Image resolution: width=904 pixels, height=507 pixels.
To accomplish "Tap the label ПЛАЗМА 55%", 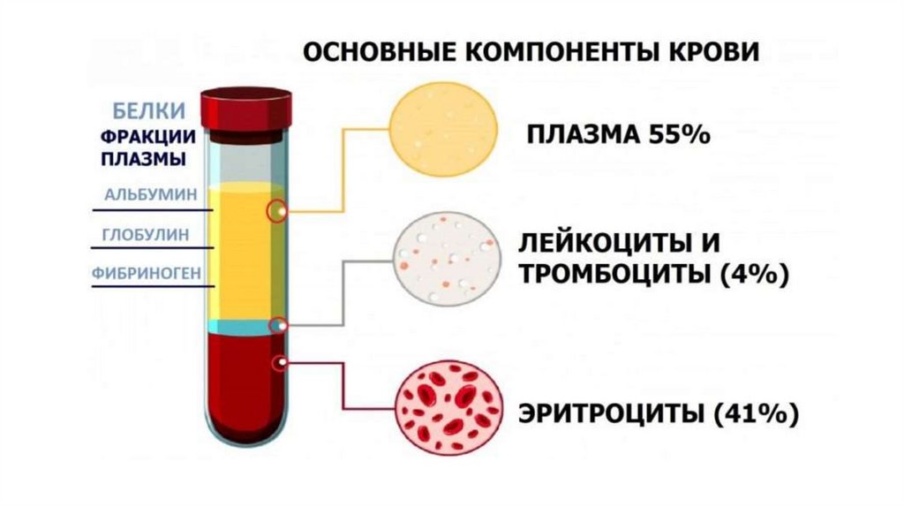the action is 619,136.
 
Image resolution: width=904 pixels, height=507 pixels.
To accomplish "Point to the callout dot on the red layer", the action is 281,362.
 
